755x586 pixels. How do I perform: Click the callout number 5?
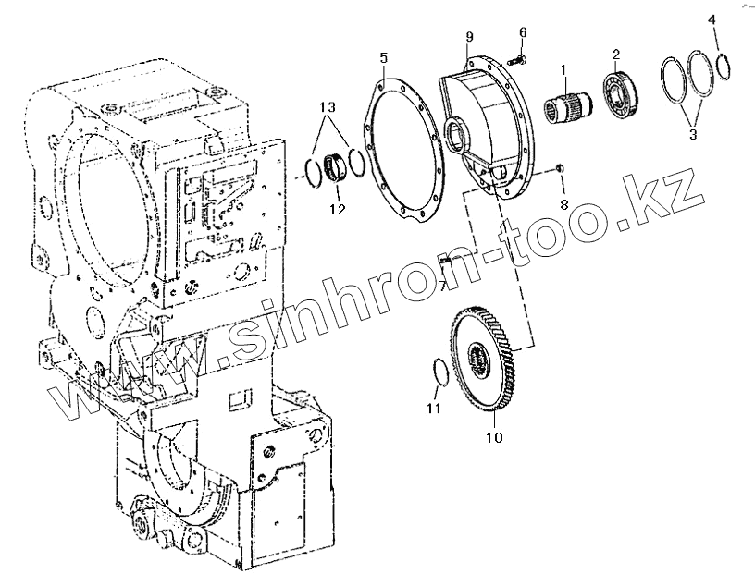[x=383, y=57]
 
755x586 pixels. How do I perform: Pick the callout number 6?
[x=523, y=32]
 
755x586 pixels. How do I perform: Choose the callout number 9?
[x=469, y=36]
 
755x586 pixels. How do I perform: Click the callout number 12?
[x=338, y=210]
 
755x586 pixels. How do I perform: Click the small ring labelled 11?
[x=442, y=371]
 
